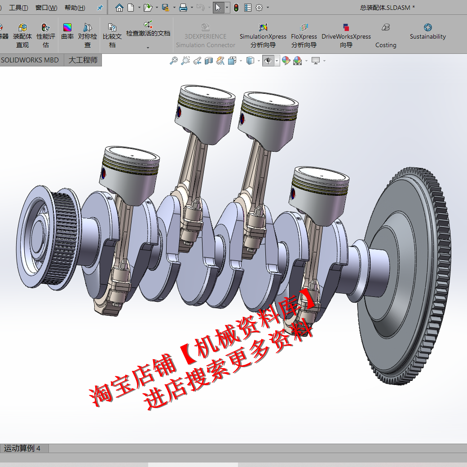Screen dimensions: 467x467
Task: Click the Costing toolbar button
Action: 386,36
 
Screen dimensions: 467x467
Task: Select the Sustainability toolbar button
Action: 427,31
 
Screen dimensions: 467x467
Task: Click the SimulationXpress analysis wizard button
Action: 263,36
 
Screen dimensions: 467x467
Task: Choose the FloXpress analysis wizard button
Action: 304,36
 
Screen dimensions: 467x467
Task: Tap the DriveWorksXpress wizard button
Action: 346,36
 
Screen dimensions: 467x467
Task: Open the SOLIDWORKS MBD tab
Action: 30,60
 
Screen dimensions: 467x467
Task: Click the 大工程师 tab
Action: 83,60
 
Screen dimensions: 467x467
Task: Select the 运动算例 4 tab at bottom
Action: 22,448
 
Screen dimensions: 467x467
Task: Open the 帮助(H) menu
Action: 75,8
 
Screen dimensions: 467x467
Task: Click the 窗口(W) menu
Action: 46,8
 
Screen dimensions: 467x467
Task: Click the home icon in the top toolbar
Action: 119,8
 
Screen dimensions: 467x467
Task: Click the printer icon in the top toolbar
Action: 183,8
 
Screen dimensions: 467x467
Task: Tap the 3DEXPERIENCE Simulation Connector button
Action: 206,36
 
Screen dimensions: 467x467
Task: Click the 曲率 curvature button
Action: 67,31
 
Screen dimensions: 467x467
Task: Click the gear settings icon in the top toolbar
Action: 259,8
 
